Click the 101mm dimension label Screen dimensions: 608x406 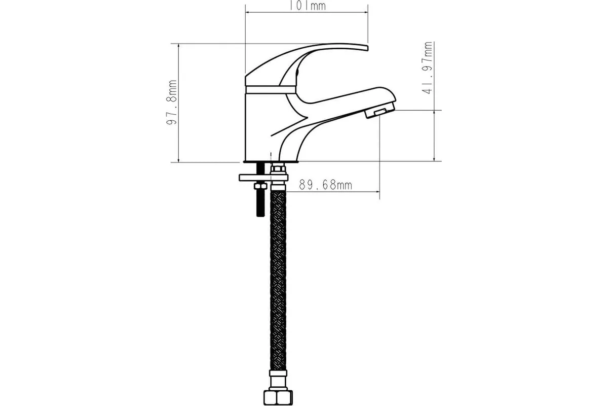pyautogui.click(x=307, y=6)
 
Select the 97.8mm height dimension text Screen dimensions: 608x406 pyautogui.click(x=172, y=103)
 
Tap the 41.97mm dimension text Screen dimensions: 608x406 pyautogui.click(x=427, y=68)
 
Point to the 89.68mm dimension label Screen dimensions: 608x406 pyautogui.click(x=325, y=185)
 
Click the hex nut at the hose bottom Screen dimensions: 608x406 pyautogui.click(x=278, y=397)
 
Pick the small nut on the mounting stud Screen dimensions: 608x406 pyautogui.click(x=260, y=186)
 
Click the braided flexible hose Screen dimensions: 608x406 pyautogui.click(x=278, y=280)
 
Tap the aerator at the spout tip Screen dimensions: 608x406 pyautogui.click(x=380, y=110)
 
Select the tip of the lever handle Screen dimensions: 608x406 pyautogui.click(x=367, y=48)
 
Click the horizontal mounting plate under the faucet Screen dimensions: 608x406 pyautogui.click(x=263, y=178)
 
